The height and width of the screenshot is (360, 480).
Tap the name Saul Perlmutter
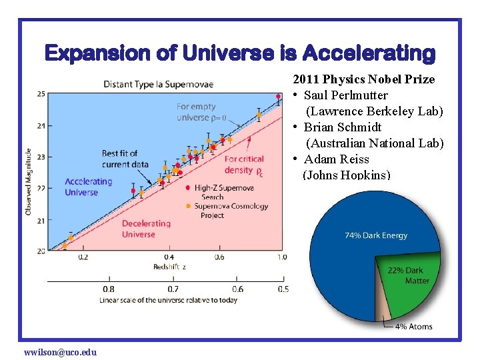point(345,95)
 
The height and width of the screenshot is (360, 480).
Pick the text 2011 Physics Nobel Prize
point(363,79)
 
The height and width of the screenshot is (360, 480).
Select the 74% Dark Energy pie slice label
point(375,235)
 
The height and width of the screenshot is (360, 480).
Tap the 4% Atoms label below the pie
point(413,327)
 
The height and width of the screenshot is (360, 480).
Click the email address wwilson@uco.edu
point(60,352)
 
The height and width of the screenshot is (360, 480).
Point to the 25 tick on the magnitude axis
point(41,94)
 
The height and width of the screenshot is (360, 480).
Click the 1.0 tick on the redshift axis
point(282,257)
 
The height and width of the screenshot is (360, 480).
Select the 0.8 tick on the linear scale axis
point(108,289)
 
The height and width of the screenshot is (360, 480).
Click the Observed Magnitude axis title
point(28,181)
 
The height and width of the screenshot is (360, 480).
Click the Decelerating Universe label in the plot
point(146,229)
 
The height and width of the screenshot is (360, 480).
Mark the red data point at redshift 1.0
point(279,97)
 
